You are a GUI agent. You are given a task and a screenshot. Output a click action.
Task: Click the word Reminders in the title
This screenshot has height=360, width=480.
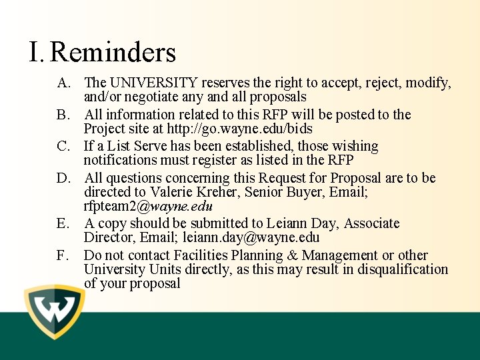113,52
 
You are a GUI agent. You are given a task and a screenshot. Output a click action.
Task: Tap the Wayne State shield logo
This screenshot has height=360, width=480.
54,311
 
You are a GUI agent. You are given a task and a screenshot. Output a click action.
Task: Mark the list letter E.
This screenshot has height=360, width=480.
63,223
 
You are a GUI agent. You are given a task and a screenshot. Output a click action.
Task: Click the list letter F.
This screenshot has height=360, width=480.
63,255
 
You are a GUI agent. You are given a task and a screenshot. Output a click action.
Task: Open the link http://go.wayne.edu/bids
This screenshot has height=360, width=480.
240,129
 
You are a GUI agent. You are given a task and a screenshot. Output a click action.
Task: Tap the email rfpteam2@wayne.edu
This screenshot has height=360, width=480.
148,206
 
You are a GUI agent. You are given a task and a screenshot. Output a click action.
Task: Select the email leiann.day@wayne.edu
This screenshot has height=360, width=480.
251,238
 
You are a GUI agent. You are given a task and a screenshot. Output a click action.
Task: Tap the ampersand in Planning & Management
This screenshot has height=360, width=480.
292,255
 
